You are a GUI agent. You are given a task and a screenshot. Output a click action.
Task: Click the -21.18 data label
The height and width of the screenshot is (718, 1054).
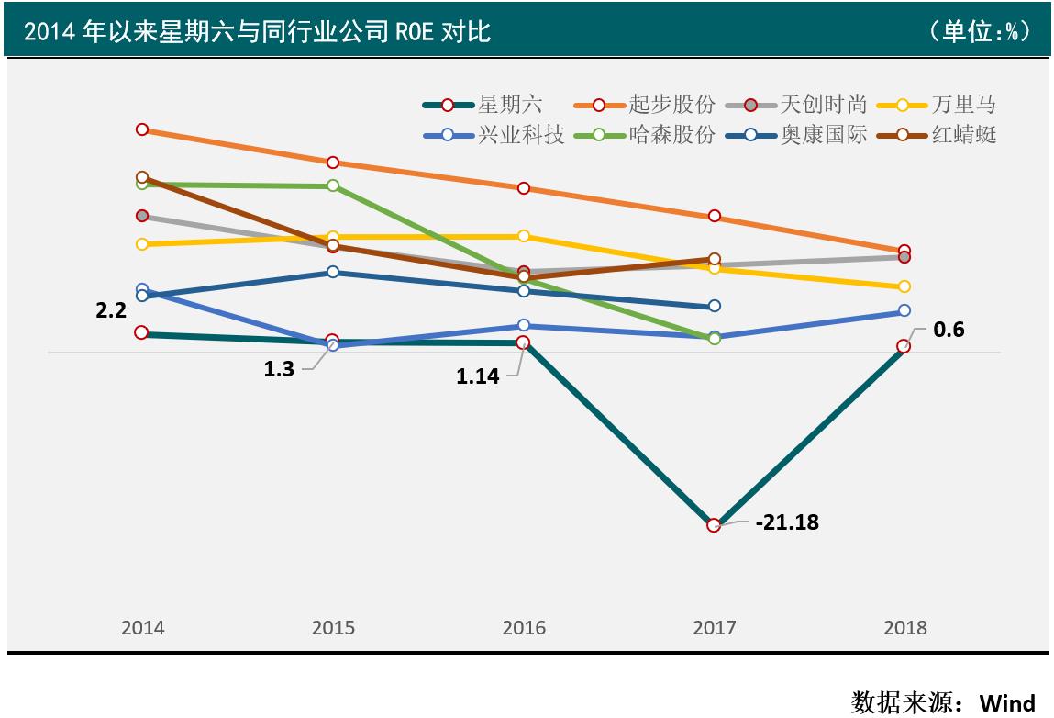tap(787, 522)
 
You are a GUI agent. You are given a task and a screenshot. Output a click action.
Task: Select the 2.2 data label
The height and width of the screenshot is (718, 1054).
tap(111, 310)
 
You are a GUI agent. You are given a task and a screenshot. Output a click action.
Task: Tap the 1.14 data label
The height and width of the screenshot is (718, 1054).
tap(478, 375)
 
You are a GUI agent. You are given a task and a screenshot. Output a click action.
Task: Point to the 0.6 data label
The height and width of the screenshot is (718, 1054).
tap(949, 330)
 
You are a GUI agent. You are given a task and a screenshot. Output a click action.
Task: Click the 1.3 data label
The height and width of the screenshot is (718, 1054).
tap(279, 369)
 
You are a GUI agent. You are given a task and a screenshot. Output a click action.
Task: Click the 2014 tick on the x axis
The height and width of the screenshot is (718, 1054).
tap(142, 628)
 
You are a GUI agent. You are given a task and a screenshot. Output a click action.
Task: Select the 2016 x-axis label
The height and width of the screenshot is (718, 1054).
tap(524, 628)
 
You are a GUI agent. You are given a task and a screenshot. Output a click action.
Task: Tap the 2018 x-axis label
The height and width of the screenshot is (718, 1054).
tap(904, 628)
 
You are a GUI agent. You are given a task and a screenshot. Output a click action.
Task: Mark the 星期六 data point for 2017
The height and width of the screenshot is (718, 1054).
tap(714, 525)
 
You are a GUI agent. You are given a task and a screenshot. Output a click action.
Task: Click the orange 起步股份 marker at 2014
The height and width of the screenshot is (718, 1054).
tap(142, 129)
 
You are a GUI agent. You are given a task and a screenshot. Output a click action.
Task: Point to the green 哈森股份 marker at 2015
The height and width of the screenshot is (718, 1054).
tap(333, 185)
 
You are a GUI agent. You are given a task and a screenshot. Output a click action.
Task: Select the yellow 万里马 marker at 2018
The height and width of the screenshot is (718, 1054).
tap(904, 286)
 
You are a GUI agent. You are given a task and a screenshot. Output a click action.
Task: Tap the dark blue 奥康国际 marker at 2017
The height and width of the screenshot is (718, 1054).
tap(714, 306)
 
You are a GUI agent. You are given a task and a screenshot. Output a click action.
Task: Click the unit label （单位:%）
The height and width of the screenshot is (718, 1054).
tap(980, 31)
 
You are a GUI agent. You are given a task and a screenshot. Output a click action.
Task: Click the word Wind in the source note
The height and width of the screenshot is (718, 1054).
tap(1007, 703)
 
